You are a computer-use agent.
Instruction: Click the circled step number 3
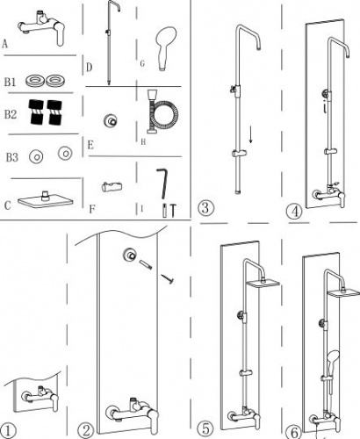tap(205, 207)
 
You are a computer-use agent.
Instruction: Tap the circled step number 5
tap(206, 429)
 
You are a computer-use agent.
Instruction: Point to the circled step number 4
tap(294, 212)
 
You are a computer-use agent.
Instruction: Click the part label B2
tap(11, 114)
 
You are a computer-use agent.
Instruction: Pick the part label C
tap(8, 205)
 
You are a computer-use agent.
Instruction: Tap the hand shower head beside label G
tap(165, 48)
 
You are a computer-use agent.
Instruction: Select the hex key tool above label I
tap(162, 183)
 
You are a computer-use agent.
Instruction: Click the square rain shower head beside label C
tap(46, 200)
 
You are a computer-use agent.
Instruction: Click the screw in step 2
tap(167, 278)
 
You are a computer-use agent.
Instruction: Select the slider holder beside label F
tap(112, 187)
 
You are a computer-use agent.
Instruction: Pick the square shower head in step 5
tap(263, 284)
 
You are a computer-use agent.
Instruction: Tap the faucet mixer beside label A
tap(42, 27)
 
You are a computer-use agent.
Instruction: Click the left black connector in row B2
tap(36, 112)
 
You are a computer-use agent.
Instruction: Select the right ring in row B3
tap(65, 153)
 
